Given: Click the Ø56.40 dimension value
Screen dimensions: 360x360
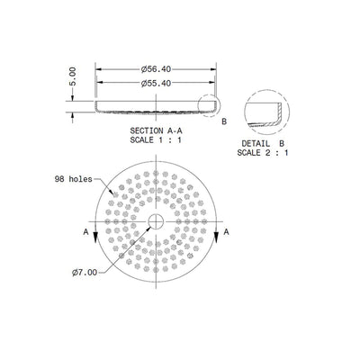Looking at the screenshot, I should (157, 68).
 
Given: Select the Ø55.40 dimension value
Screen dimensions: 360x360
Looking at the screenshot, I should (157, 84).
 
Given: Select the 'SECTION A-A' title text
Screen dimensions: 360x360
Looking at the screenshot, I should (157, 131).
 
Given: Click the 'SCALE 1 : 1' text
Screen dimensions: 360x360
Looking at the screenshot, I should (157, 140).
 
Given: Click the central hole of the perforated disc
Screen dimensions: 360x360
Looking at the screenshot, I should (157, 220).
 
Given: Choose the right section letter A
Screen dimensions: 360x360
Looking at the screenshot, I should (228, 231).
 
